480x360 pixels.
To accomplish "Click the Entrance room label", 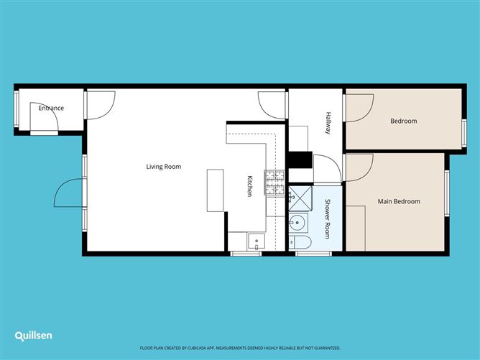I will [x=51, y=109].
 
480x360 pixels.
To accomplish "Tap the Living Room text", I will [x=163, y=167].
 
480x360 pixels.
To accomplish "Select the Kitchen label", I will [x=250, y=186].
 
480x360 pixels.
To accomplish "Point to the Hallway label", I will [x=328, y=123].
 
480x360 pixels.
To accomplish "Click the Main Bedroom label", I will [x=399, y=201].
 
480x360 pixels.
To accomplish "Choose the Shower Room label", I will [x=328, y=218].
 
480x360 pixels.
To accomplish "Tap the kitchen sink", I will [x=257, y=241].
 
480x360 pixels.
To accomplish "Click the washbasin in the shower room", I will [x=297, y=222].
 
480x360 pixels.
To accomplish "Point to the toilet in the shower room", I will [x=300, y=242].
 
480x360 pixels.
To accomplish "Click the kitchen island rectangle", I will [x=216, y=190].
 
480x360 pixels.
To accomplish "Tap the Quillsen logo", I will [x=34, y=336].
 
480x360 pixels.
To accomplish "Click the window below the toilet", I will [x=308, y=253].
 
